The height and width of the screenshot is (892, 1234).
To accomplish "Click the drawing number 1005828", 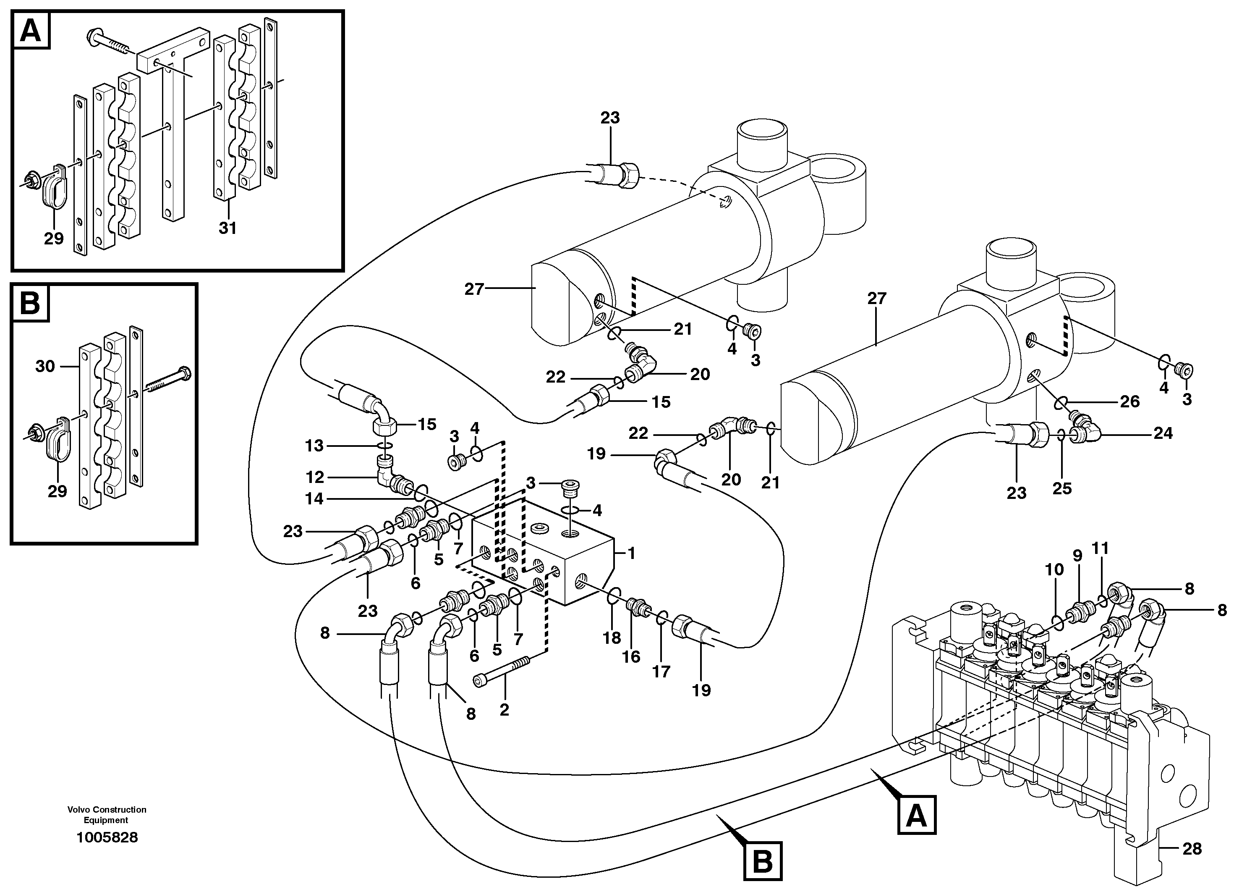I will pos(107,837).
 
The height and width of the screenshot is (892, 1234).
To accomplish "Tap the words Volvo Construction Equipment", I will pos(107,815).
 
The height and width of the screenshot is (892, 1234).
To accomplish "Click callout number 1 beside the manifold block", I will pos(631,553).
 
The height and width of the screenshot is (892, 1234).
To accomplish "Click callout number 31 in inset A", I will pos(227,228).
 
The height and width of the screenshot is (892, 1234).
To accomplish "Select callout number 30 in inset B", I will pos(45,366).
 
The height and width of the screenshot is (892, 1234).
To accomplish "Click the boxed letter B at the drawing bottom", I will pos(762,861).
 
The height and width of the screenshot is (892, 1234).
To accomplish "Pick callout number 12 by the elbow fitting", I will pos(315,477).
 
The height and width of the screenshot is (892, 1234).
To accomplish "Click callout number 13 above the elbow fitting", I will pos(314,446).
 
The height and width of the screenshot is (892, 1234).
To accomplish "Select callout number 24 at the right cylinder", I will pos(1163,433).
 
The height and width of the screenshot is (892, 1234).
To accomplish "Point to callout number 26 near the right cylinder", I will pos(1129,401).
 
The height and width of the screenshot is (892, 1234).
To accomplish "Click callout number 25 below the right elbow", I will pos(1061,488).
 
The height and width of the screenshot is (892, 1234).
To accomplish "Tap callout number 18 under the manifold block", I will pos(612,638).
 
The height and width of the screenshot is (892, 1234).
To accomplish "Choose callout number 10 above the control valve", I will pos(1054,570).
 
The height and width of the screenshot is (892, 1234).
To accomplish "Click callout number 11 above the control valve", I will pos(1100,548).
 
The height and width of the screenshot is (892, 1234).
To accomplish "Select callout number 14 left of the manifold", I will pos(314,498).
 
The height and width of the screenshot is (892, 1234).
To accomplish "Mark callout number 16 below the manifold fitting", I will pos(631,657).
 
